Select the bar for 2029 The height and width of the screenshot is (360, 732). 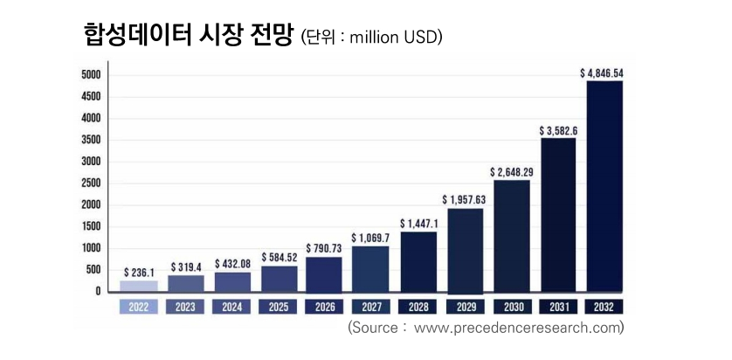(465, 250)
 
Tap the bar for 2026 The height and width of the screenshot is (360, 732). (324, 273)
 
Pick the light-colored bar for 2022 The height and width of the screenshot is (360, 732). (138, 286)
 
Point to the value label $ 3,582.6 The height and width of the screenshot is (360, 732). (558, 131)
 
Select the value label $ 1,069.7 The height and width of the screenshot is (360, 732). (370, 238)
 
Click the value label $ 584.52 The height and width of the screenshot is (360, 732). (278, 258)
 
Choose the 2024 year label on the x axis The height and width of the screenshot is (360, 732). (231, 307)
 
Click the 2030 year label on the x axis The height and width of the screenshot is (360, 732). (511, 307)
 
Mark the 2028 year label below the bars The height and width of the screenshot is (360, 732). (418, 307)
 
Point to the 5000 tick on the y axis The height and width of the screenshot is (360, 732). (92, 75)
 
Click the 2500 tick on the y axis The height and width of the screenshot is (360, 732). (92, 183)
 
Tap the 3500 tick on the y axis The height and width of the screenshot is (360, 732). (92, 140)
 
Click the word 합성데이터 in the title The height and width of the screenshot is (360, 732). (139, 35)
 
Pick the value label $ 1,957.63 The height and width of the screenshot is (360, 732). (465, 200)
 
